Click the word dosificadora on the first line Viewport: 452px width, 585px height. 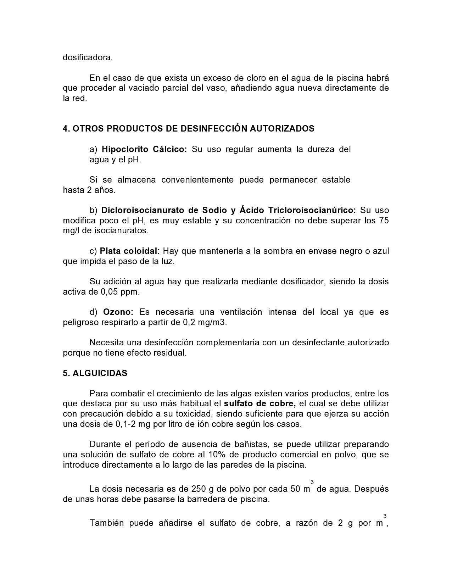tap(88, 57)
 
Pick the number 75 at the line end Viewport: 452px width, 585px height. tap(384, 221)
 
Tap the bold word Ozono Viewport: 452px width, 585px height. tap(118, 312)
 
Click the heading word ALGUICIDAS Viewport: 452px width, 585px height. tap(100, 374)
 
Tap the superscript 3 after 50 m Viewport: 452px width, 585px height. tap(312, 482)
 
